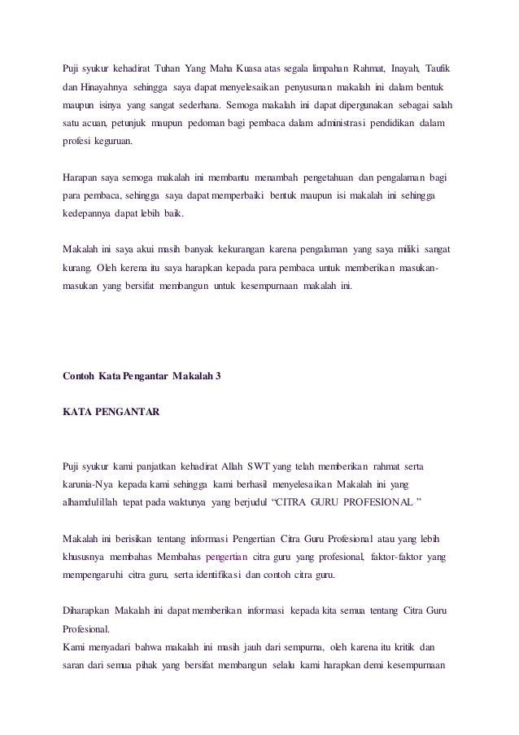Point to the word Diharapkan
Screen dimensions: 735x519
[86, 612]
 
